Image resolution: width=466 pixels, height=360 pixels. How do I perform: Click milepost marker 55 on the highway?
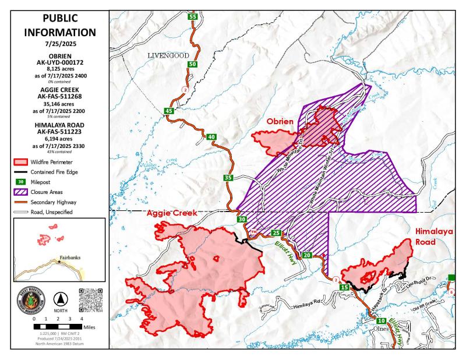tap(193, 17)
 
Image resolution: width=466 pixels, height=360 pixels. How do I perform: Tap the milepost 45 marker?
tap(169, 111)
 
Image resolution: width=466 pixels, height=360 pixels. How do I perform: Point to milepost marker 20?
tap(308, 255)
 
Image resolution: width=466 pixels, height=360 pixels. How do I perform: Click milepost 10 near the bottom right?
tap(381, 321)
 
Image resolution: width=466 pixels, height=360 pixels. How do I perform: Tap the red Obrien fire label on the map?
tap(283, 122)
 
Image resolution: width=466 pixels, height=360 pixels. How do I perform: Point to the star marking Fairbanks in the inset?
tap(59, 262)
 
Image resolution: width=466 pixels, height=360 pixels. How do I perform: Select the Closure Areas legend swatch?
tap(22, 190)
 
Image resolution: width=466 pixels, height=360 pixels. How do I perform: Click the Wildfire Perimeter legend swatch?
tap(22, 161)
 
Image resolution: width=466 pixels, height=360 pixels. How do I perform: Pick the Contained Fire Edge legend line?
tap(22, 171)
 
